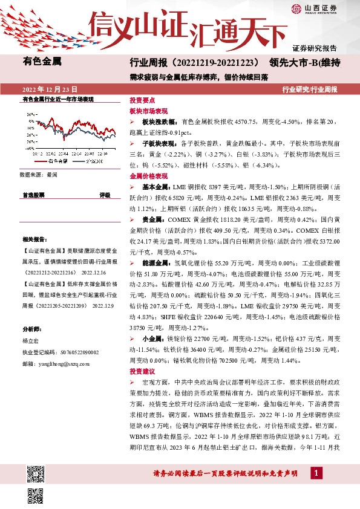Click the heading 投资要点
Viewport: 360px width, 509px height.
tap(142, 102)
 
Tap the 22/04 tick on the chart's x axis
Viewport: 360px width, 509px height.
tap(65, 154)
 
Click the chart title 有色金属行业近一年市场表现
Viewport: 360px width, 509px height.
tap(57, 99)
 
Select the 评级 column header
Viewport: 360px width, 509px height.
tap(105, 195)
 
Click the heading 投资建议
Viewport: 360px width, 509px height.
tap(142, 371)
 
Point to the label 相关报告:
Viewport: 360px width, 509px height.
tap(33, 239)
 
